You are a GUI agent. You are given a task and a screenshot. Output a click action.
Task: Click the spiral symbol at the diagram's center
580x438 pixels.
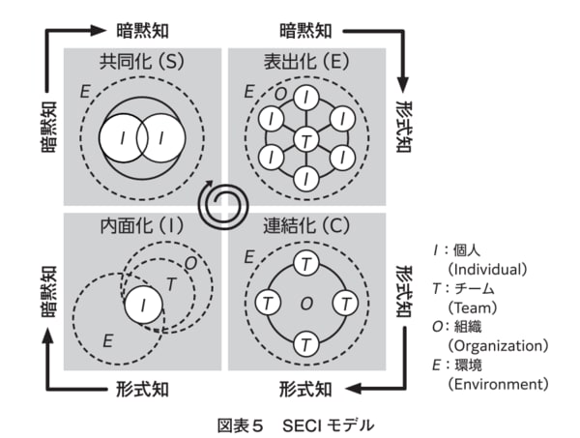tap(222, 203)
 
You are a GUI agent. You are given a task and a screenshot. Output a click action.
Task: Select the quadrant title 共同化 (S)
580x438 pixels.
tap(143, 64)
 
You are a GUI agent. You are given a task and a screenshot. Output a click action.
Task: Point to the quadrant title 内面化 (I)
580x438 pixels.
tap(143, 228)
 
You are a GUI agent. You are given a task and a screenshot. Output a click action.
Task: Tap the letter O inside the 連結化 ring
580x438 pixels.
tap(306, 304)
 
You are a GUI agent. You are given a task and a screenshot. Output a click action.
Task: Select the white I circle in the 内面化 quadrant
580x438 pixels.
tap(144, 306)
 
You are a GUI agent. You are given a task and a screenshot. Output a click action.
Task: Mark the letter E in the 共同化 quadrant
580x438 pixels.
tap(85, 93)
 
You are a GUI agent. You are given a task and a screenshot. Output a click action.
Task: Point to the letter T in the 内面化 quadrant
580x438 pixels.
tap(171, 283)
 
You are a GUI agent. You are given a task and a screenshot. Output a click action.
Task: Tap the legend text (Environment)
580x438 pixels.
tap(497, 385)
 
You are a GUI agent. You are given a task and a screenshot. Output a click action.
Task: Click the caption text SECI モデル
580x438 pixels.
tap(328, 423)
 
